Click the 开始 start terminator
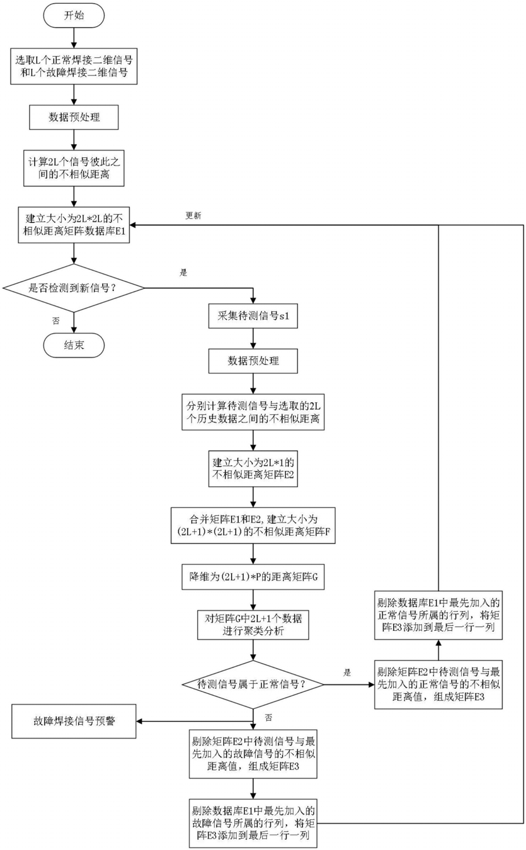pyautogui.click(x=74, y=16)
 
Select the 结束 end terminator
pyautogui.click(x=74, y=345)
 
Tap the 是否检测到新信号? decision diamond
pyautogui.click(x=74, y=288)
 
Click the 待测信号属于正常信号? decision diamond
pyautogui.click(x=253, y=684)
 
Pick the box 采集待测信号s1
pyautogui.click(x=253, y=315)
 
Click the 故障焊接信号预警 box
pyautogui.click(x=74, y=721)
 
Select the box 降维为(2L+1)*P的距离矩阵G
pyautogui.click(x=253, y=577)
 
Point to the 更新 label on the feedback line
pyautogui.click(x=193, y=215)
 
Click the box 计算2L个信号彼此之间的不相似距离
pyautogui.click(x=74, y=168)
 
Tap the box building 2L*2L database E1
pyautogui.click(x=74, y=225)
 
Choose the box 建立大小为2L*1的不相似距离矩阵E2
pyautogui.click(x=253, y=468)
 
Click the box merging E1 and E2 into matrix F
pyautogui.click(x=253, y=526)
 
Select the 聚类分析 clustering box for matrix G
pyautogui.click(x=253, y=625)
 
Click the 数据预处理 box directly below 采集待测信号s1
pyautogui.click(x=253, y=361)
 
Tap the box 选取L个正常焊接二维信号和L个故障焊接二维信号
pyautogui.click(x=74, y=66)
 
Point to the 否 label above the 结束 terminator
pyautogui.click(x=56, y=321)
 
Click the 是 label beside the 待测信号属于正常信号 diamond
pyautogui.click(x=347, y=673)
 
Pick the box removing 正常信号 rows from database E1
pyautogui.click(x=438, y=615)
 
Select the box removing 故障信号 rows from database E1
pyautogui.click(x=253, y=824)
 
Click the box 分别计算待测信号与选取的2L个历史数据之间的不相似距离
pyautogui.click(x=253, y=412)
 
